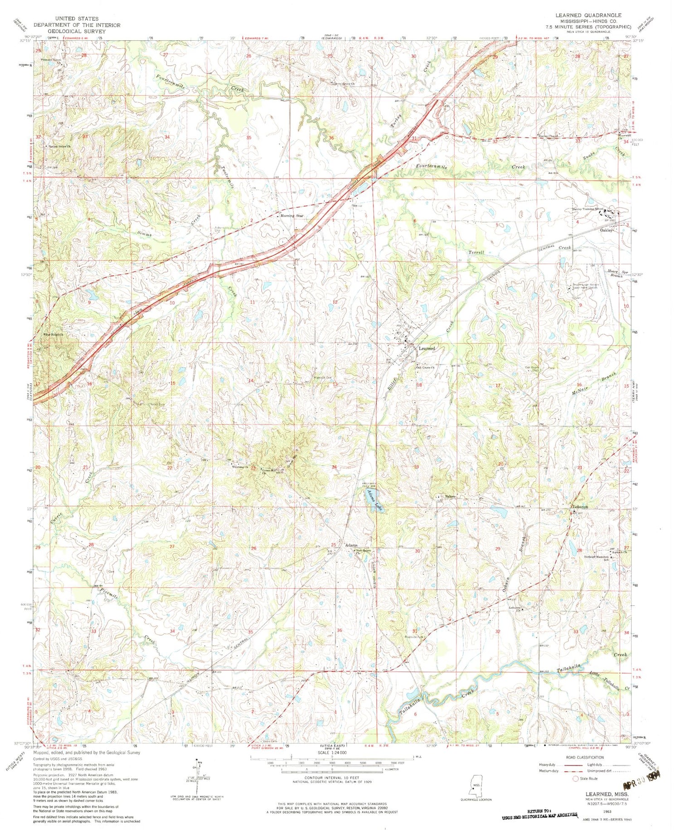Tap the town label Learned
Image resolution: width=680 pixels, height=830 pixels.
click(x=427, y=348)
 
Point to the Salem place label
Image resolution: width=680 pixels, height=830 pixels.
click(x=450, y=497)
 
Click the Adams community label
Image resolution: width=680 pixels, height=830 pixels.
click(x=352, y=545)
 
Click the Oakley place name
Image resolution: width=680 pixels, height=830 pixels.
click(x=607, y=230)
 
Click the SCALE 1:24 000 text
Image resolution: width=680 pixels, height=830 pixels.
click(x=332, y=753)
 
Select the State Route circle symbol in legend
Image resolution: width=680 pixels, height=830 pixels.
click(x=576, y=778)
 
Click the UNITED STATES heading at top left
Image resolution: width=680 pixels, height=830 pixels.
click(x=75, y=19)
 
